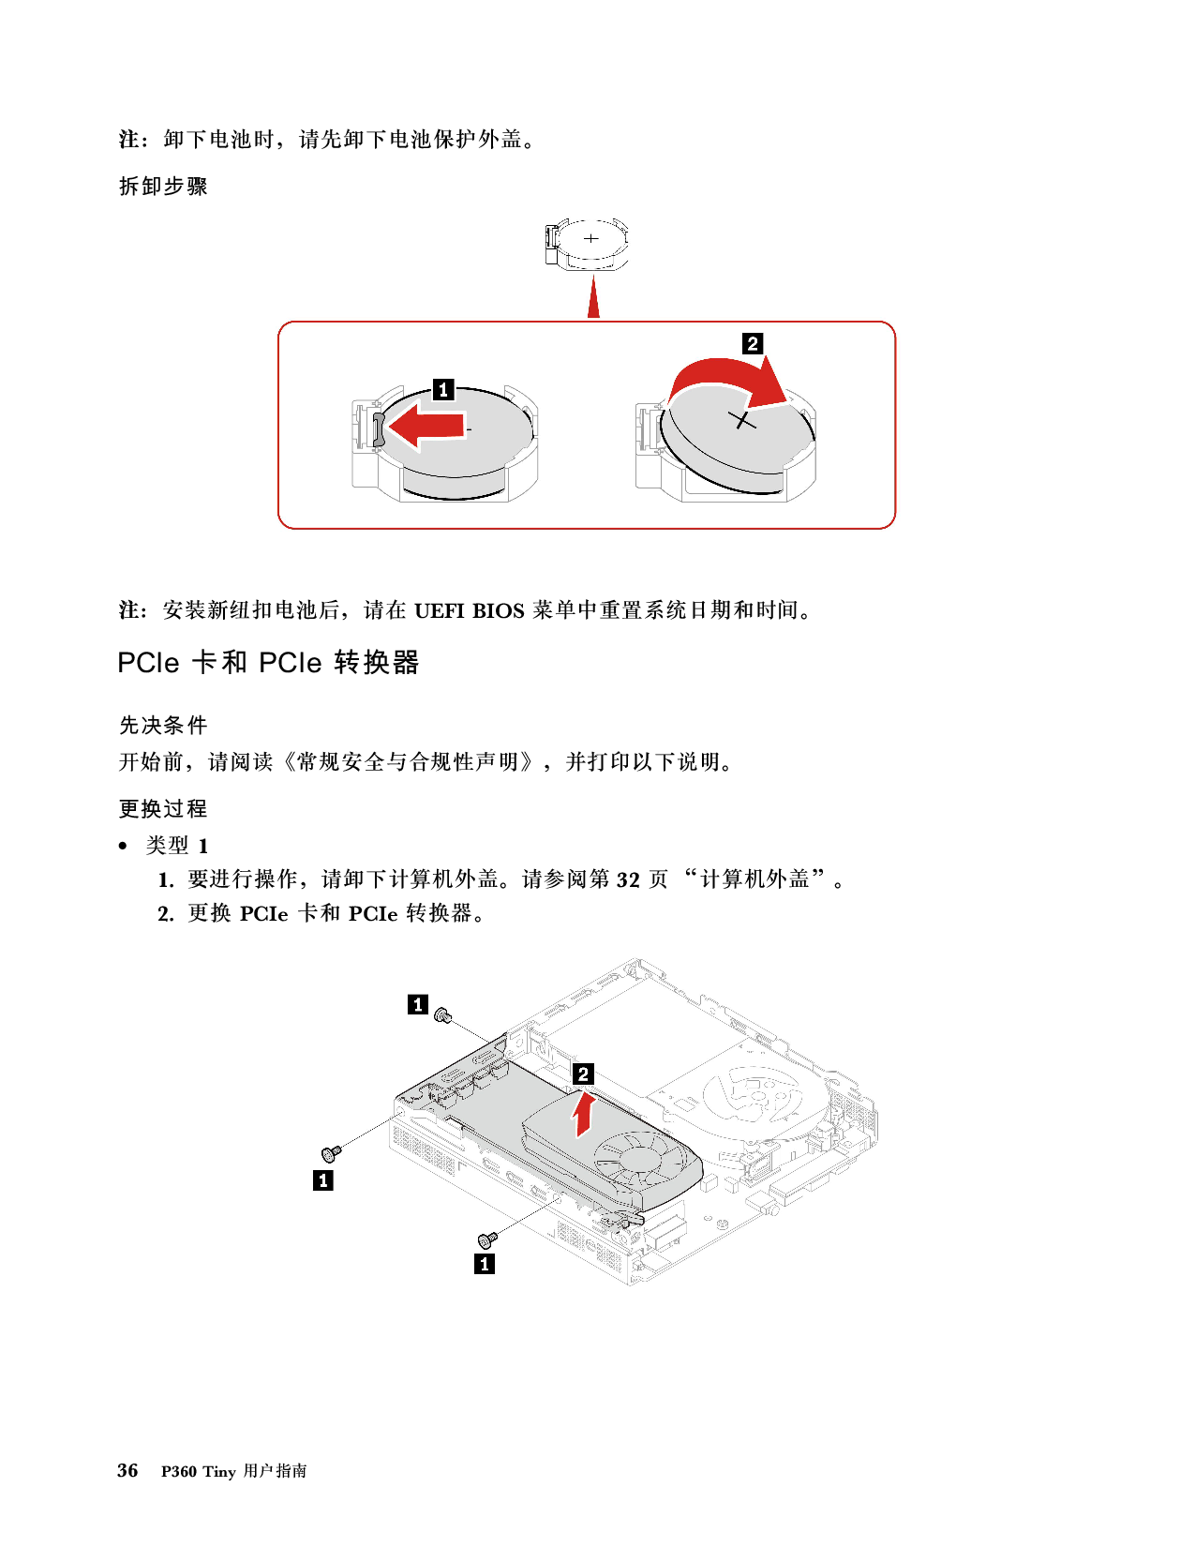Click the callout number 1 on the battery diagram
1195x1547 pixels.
[x=443, y=389]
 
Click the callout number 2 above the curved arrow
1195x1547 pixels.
[x=752, y=343]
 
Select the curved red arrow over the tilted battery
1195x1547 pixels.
[x=726, y=380]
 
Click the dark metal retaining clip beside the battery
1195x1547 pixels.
[x=378, y=428]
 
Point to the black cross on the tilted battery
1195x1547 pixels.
[x=742, y=420]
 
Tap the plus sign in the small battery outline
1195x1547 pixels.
[x=591, y=238]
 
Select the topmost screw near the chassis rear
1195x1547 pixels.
[x=445, y=1014]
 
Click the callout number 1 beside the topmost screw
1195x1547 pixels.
[x=418, y=1004]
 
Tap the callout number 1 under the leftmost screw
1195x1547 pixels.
[x=323, y=1180]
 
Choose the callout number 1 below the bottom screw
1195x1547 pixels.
[x=485, y=1264]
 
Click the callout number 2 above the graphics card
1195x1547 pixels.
[x=583, y=1074]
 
